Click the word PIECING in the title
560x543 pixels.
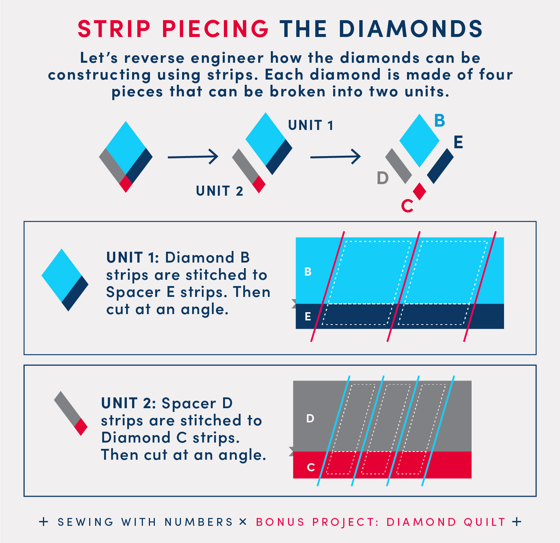[215, 29]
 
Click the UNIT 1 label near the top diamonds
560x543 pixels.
[311, 125]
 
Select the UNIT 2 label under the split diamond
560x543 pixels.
[219, 191]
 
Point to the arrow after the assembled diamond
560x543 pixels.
[193, 157]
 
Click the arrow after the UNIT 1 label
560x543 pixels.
[335, 156]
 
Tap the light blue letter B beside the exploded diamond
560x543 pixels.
[440, 121]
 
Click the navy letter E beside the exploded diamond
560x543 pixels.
[459, 142]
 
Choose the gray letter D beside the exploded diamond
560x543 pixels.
[383, 178]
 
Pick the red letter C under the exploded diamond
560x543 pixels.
[407, 206]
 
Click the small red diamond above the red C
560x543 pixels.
[420, 191]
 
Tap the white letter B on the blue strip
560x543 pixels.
[308, 271]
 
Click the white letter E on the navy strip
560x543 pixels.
[308, 317]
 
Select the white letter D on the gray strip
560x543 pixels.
[310, 418]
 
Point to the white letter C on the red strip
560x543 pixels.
[311, 467]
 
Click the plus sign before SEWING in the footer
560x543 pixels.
[44, 522]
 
